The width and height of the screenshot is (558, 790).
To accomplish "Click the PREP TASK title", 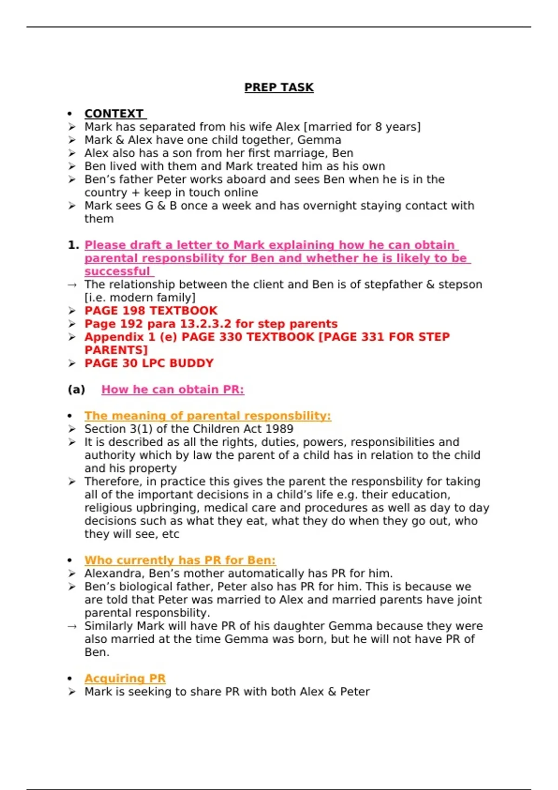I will (x=279, y=87).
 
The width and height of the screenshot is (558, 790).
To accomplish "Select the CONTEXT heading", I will (x=114, y=114).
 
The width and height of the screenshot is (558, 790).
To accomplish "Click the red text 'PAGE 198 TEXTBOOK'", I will (x=151, y=311).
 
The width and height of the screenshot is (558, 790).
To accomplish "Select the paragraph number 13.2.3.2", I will (x=205, y=324).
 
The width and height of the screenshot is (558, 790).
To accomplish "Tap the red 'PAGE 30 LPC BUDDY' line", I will (x=149, y=363).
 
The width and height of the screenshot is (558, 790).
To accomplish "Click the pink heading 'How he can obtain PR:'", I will (x=173, y=389).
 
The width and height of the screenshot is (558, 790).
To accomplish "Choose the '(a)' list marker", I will (x=76, y=389).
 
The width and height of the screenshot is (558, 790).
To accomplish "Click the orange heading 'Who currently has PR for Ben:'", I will (x=180, y=560).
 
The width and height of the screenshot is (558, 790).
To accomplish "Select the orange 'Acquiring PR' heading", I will (x=125, y=678).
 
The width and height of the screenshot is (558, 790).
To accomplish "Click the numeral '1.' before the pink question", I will (x=73, y=245).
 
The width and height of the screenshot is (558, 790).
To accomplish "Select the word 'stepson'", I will (x=460, y=284).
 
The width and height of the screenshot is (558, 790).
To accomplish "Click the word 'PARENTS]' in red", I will (x=116, y=350).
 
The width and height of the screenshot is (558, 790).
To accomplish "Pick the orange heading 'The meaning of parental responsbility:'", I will (x=207, y=416).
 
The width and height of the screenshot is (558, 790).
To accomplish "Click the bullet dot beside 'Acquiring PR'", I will (x=70, y=678).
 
